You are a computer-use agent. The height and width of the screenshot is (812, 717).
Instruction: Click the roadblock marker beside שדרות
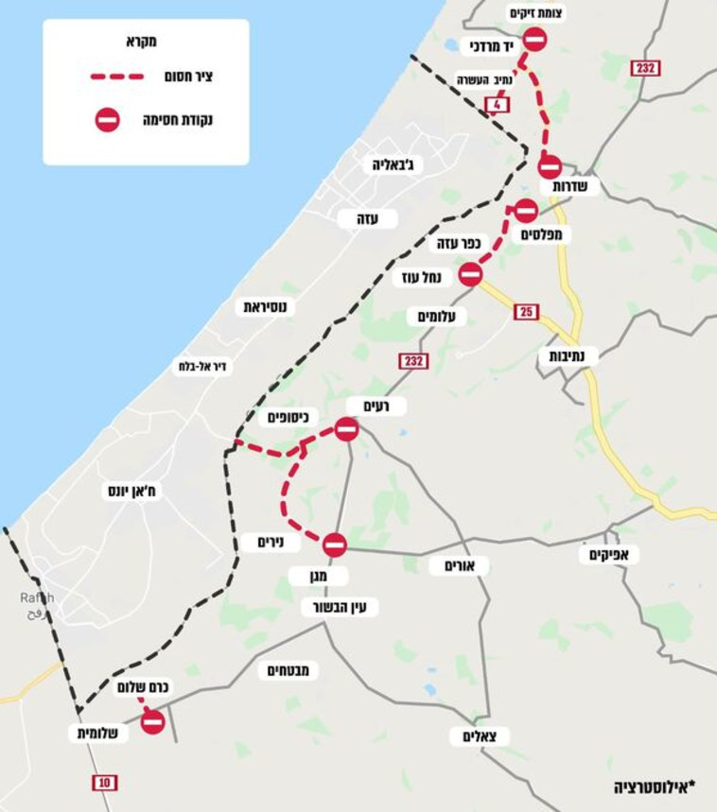(550, 167)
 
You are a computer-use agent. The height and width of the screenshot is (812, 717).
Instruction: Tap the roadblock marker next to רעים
(346, 430)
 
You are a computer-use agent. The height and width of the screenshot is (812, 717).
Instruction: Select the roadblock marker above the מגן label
(334, 544)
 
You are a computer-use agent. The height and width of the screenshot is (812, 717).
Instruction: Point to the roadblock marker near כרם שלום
(152, 722)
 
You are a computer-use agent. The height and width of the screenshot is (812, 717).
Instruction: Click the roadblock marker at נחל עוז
(470, 274)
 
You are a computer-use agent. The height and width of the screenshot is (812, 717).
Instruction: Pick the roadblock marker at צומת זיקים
(534, 39)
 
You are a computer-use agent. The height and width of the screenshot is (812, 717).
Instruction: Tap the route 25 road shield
(527, 312)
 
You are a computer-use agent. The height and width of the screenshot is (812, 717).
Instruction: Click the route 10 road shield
(105, 782)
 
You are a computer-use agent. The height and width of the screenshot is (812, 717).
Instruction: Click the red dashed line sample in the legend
(116, 77)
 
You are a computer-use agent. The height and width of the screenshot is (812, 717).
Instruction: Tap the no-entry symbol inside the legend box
(108, 120)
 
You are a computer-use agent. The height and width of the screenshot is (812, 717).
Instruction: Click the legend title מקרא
(140, 41)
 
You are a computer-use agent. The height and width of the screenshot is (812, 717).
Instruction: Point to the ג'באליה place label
(393, 164)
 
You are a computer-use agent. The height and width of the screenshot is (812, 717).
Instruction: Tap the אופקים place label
(609, 554)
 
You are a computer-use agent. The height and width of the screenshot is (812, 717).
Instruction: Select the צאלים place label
(486, 735)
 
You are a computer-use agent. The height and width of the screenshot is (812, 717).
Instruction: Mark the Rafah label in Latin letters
(37, 597)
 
